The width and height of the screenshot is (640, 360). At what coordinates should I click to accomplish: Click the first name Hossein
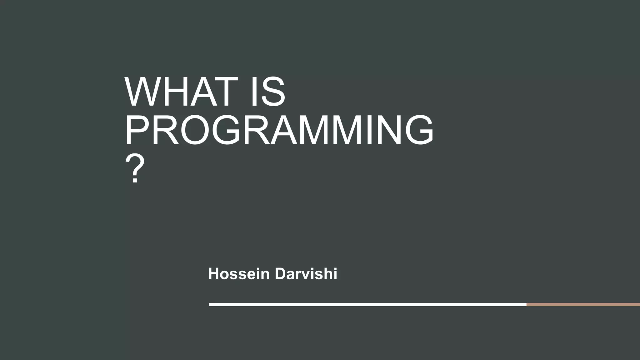(x=239, y=274)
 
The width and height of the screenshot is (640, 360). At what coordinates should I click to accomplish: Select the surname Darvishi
(x=306, y=274)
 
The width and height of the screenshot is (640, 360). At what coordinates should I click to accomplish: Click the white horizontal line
(x=367, y=304)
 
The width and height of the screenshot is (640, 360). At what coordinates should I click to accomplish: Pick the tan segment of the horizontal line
(x=583, y=304)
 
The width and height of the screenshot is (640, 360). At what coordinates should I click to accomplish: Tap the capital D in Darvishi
(x=281, y=274)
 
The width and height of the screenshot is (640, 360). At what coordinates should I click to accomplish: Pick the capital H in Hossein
(x=214, y=274)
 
